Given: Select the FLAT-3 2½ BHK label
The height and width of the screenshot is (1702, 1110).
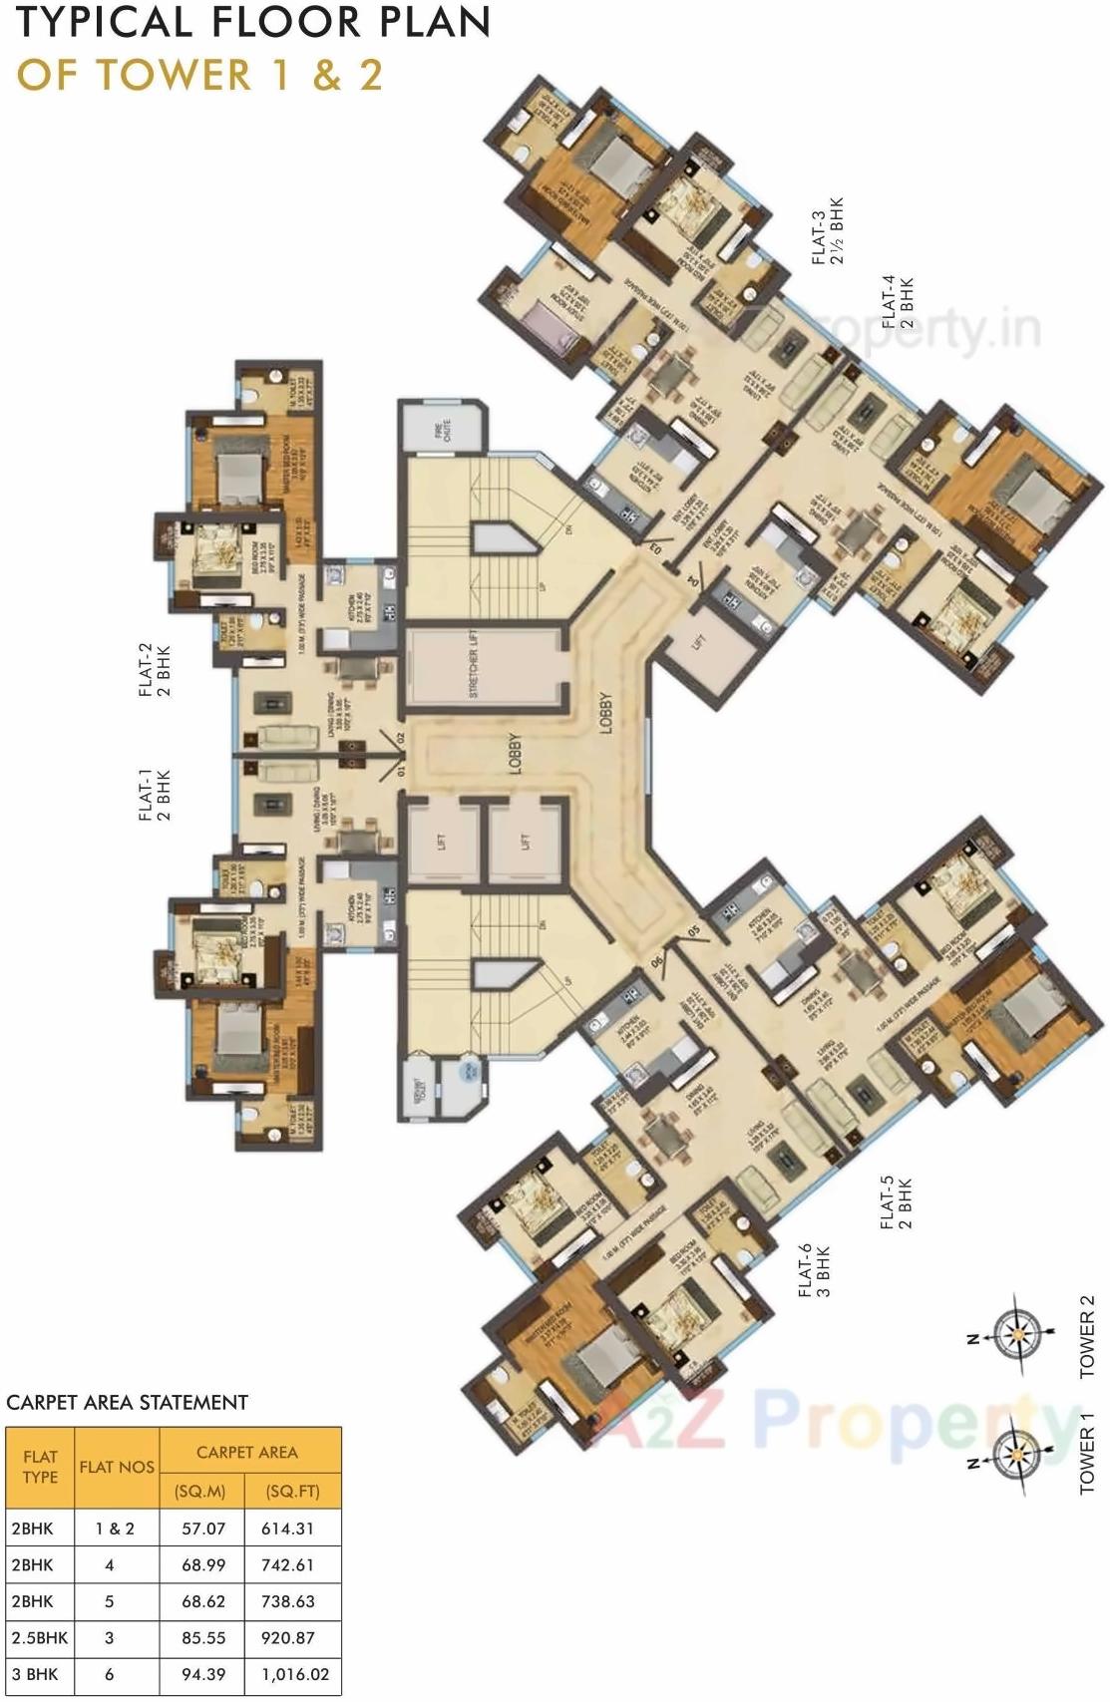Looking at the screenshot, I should click(x=827, y=230).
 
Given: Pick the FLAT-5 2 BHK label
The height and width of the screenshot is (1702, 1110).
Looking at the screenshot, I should click(x=896, y=1203).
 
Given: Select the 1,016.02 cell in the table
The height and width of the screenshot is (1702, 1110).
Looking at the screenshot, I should click(x=295, y=1675).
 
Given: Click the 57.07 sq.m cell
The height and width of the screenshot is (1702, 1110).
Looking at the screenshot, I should click(x=203, y=1528).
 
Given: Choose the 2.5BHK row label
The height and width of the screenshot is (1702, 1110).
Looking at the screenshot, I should click(x=40, y=1637).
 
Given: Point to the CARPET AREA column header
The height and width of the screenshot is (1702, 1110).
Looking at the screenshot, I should click(x=246, y=1452).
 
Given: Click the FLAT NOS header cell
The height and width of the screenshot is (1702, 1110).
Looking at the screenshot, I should click(x=117, y=1467).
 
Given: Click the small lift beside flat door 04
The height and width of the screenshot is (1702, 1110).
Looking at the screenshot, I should click(x=700, y=640).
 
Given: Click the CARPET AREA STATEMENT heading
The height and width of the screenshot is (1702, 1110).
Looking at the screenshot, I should click(x=127, y=1402).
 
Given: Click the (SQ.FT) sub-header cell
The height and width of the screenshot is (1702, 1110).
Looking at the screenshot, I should click(x=293, y=1492).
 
